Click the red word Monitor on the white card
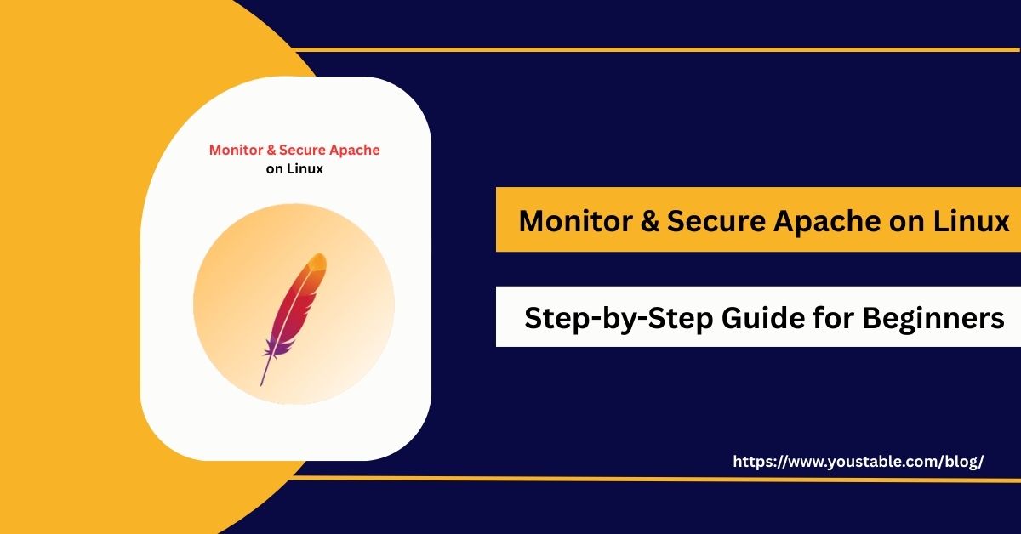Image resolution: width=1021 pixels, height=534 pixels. pyautogui.click(x=236, y=151)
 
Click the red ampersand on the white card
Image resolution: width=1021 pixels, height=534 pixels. pyautogui.click(x=271, y=151)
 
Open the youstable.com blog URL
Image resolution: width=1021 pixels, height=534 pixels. pyautogui.click(x=858, y=462)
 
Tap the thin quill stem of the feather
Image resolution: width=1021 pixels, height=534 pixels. pyautogui.click(x=266, y=370)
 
